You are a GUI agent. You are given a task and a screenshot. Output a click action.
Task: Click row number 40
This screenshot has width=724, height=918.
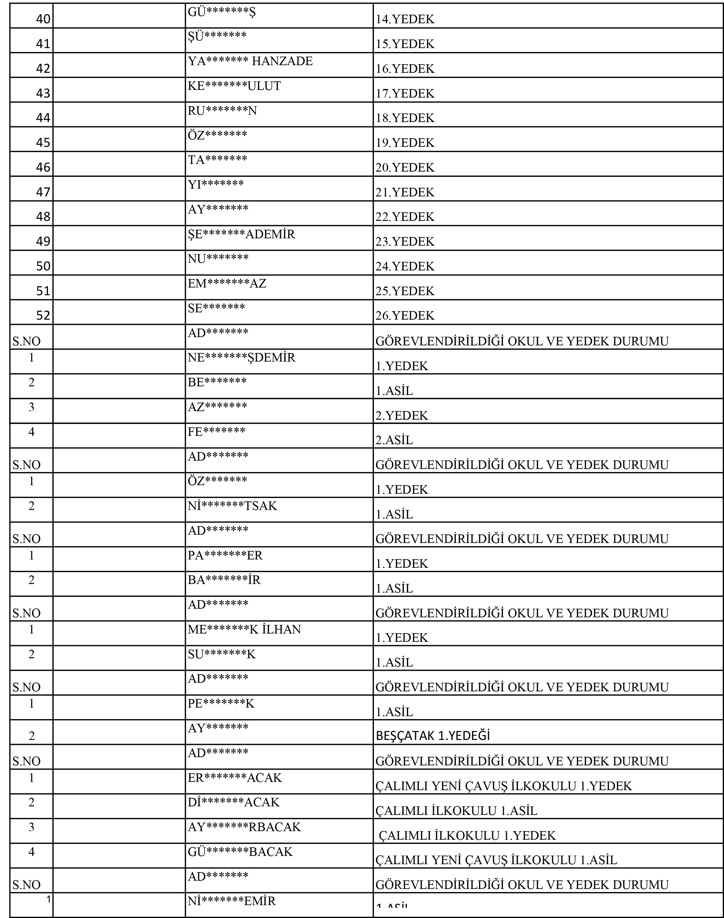point(43,19)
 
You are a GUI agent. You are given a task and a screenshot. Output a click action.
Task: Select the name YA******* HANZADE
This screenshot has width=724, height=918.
point(250,61)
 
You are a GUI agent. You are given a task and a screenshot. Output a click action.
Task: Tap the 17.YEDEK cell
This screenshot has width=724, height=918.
point(405,93)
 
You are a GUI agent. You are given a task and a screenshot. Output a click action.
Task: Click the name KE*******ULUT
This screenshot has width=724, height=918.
point(234,86)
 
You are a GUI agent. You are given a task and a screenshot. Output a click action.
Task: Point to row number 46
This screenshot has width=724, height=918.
point(43,167)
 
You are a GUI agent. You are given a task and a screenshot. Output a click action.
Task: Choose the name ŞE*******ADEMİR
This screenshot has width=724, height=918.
point(241,234)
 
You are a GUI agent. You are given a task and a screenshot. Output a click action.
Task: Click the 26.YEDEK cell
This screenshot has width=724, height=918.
point(405,315)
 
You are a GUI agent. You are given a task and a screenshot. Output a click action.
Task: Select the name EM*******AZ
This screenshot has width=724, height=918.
point(227,283)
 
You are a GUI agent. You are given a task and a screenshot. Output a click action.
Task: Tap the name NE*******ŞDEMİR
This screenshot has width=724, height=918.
point(241,358)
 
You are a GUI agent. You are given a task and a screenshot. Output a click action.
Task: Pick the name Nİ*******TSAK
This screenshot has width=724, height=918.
point(232,506)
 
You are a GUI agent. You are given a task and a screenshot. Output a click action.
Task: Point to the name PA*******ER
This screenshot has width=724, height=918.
point(225,556)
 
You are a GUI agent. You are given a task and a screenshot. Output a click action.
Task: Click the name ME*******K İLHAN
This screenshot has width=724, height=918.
point(244,629)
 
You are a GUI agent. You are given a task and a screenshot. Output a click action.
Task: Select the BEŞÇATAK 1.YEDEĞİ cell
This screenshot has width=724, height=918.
point(432,736)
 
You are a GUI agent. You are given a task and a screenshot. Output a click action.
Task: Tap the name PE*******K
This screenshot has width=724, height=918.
point(221,704)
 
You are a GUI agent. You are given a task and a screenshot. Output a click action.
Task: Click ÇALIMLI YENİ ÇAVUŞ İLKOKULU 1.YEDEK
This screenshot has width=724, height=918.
point(504,786)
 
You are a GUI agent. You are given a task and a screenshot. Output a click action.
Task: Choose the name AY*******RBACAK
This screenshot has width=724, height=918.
point(244,827)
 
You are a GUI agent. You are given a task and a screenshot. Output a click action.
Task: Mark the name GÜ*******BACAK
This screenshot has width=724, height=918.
point(240,851)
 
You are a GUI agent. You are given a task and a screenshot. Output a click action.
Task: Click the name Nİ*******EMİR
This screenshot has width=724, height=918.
point(232,901)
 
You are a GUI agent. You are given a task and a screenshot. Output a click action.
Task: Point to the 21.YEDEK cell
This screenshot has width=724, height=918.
point(405,192)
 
